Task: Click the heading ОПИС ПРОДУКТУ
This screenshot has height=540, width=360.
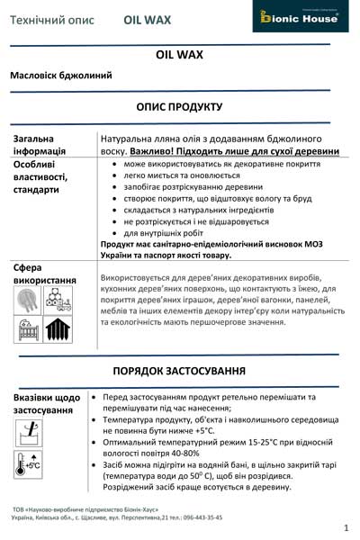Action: click(x=179, y=106)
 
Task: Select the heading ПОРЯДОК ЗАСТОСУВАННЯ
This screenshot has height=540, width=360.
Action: click(x=179, y=372)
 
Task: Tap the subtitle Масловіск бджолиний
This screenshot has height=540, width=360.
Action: click(x=61, y=76)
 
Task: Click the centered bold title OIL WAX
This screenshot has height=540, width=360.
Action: click(x=179, y=55)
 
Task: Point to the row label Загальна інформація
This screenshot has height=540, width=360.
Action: click(x=40, y=144)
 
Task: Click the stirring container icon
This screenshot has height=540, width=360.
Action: click(x=28, y=435)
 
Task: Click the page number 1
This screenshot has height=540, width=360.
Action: click(x=346, y=527)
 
